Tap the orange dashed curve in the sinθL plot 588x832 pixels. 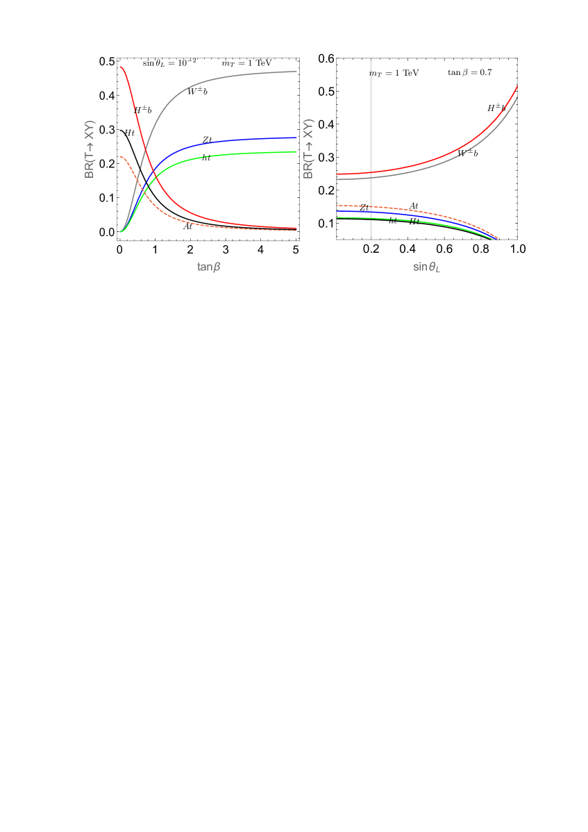click(430, 211)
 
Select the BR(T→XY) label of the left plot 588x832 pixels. click(90, 149)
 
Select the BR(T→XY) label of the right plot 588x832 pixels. click(309, 149)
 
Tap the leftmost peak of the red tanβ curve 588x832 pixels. click(120, 67)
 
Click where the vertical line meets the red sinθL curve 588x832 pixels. click(371, 172)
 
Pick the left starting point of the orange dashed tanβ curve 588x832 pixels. click(120, 156)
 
